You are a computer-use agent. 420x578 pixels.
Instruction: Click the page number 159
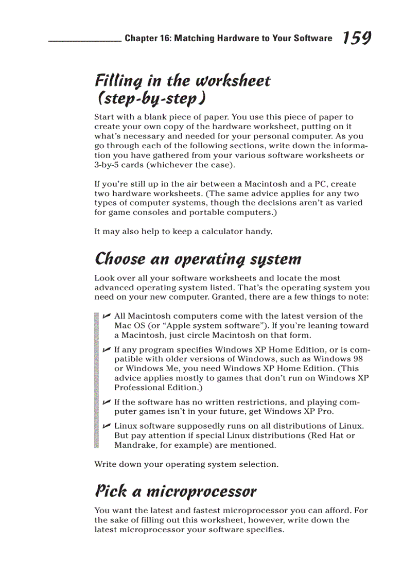(357, 38)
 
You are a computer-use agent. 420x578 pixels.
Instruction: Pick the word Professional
(138, 388)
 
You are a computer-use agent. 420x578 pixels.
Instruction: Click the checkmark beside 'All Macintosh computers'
(106, 316)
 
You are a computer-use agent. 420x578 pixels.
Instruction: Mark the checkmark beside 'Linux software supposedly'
(106, 426)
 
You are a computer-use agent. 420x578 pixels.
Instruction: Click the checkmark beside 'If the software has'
(106, 402)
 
